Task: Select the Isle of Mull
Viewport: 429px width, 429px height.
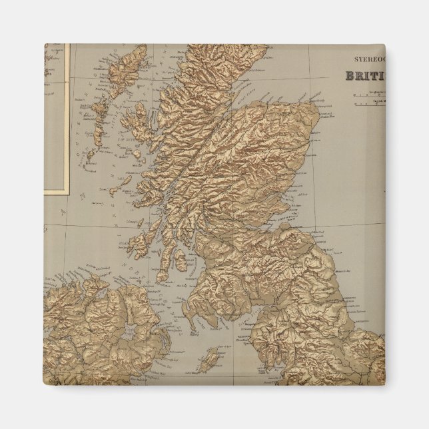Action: pyautogui.click(x=137, y=193)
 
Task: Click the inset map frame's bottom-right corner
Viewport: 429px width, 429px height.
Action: pyautogui.click(x=69, y=194)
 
